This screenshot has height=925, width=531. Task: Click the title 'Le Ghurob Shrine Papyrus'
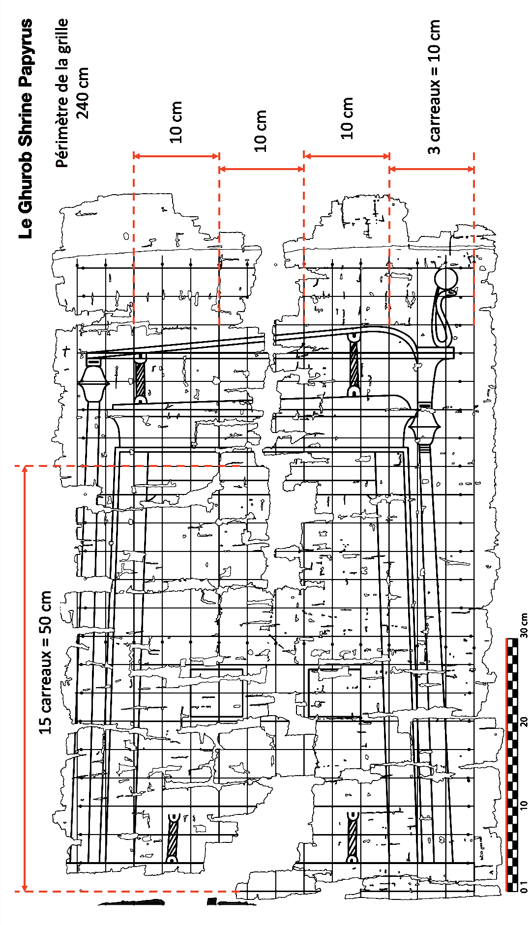(26, 129)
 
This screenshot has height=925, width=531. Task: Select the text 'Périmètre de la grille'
(62, 93)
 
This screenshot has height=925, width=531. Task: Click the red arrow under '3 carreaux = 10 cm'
(432, 169)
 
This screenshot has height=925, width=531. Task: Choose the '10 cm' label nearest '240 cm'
(177, 122)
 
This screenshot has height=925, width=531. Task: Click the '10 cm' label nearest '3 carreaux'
(347, 118)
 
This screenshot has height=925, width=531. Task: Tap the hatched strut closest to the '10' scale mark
(352, 837)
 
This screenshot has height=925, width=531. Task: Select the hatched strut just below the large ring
(353, 364)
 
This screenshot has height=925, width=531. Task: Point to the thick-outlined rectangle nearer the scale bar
(334, 693)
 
